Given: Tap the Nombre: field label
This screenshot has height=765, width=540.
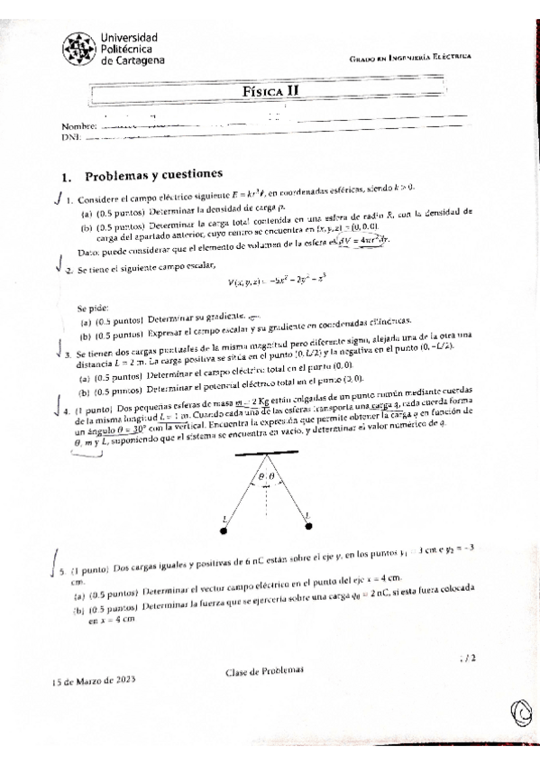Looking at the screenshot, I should [78, 125].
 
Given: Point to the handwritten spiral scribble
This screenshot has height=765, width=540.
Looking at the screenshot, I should [522, 713].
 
